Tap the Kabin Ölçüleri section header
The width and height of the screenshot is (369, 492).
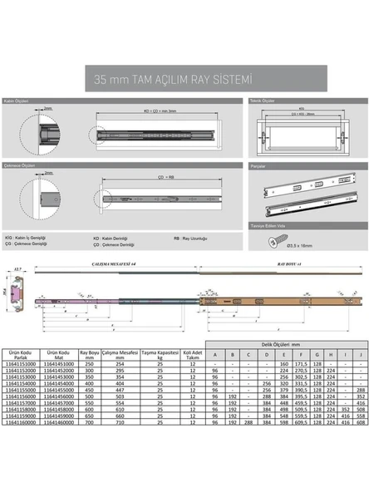(17, 101)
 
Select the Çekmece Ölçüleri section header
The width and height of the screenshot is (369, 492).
(20, 165)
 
